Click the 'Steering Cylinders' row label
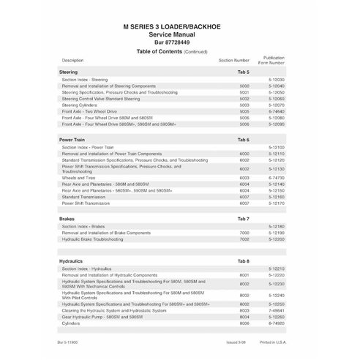point(80,105)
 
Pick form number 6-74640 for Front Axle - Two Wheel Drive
point(286,110)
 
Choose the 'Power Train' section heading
point(74,139)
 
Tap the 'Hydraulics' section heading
point(72,260)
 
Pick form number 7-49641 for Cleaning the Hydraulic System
point(286,309)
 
